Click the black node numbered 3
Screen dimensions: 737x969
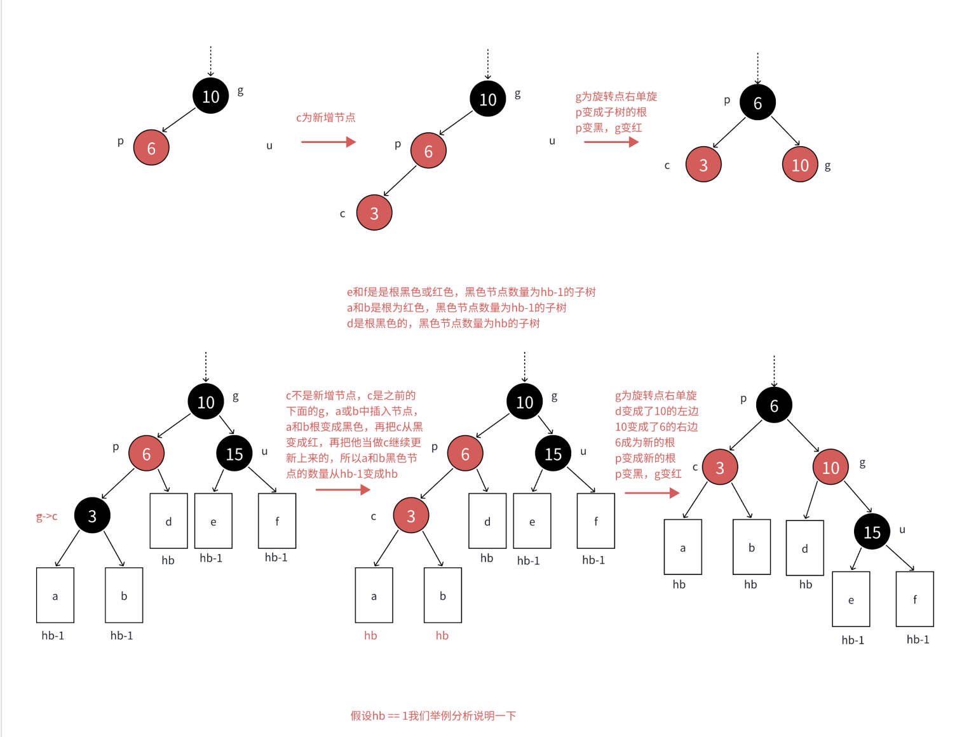click(92, 515)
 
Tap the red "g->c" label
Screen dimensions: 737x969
click(46, 517)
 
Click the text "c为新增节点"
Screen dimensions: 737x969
click(325, 118)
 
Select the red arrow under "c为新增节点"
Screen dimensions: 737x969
click(328, 142)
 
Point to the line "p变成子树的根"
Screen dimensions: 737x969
click(611, 112)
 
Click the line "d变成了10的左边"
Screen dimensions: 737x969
click(656, 411)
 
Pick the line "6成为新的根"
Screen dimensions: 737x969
click(644, 442)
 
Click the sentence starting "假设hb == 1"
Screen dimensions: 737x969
click(433, 715)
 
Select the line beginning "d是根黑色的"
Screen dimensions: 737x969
click(443, 323)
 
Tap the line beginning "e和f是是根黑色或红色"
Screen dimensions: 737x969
click(471, 292)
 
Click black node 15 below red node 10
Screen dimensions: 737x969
click(872, 532)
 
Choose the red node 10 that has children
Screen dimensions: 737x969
click(830, 467)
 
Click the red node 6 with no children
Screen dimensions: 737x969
click(151, 147)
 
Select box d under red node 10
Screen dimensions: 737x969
click(804, 548)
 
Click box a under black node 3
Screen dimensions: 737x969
click(55, 595)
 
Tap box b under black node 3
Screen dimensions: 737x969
click(124, 595)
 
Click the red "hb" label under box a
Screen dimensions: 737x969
click(370, 635)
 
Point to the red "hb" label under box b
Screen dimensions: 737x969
click(442, 635)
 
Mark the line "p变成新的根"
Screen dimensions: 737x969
click(645, 458)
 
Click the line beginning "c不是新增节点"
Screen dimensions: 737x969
click(351, 395)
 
